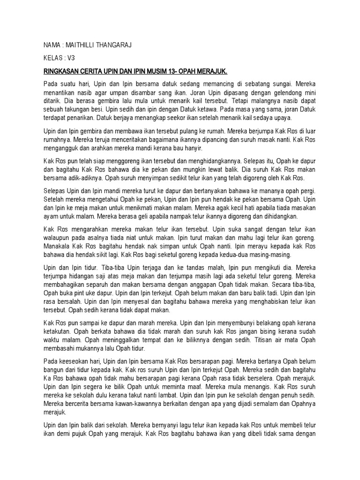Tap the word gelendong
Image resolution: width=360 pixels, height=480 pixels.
[275, 93]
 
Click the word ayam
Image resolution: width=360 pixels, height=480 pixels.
[51, 217]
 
